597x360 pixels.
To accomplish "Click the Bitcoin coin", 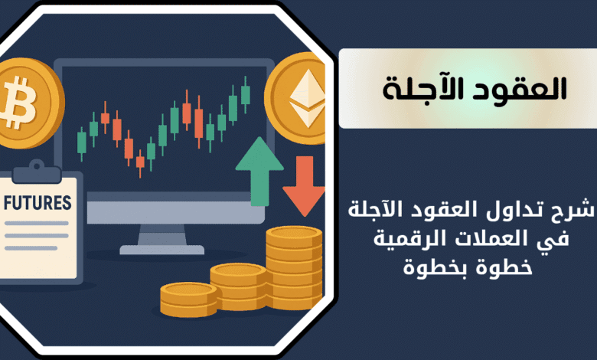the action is pyautogui.click(x=28, y=103).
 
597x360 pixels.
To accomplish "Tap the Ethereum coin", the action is pyautogui.click(x=295, y=98).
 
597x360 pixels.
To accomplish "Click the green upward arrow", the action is pyautogui.click(x=259, y=172).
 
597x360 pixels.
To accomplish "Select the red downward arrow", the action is pyautogui.click(x=303, y=186).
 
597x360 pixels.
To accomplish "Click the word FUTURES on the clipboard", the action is pyautogui.click(x=38, y=203).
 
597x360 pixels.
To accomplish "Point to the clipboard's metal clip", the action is pyautogui.click(x=37, y=172).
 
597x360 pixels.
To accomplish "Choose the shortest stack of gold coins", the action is pyautogui.click(x=188, y=299).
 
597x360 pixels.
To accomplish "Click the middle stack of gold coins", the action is pyautogui.click(x=238, y=286).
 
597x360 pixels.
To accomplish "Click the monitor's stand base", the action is pyautogui.click(x=161, y=250).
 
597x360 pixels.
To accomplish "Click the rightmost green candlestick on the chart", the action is pyautogui.click(x=246, y=94).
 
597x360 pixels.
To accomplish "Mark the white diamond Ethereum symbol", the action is pyautogui.click(x=307, y=98).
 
